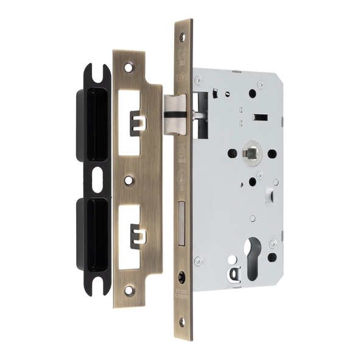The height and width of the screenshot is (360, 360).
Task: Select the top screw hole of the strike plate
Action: [x=129, y=64]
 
